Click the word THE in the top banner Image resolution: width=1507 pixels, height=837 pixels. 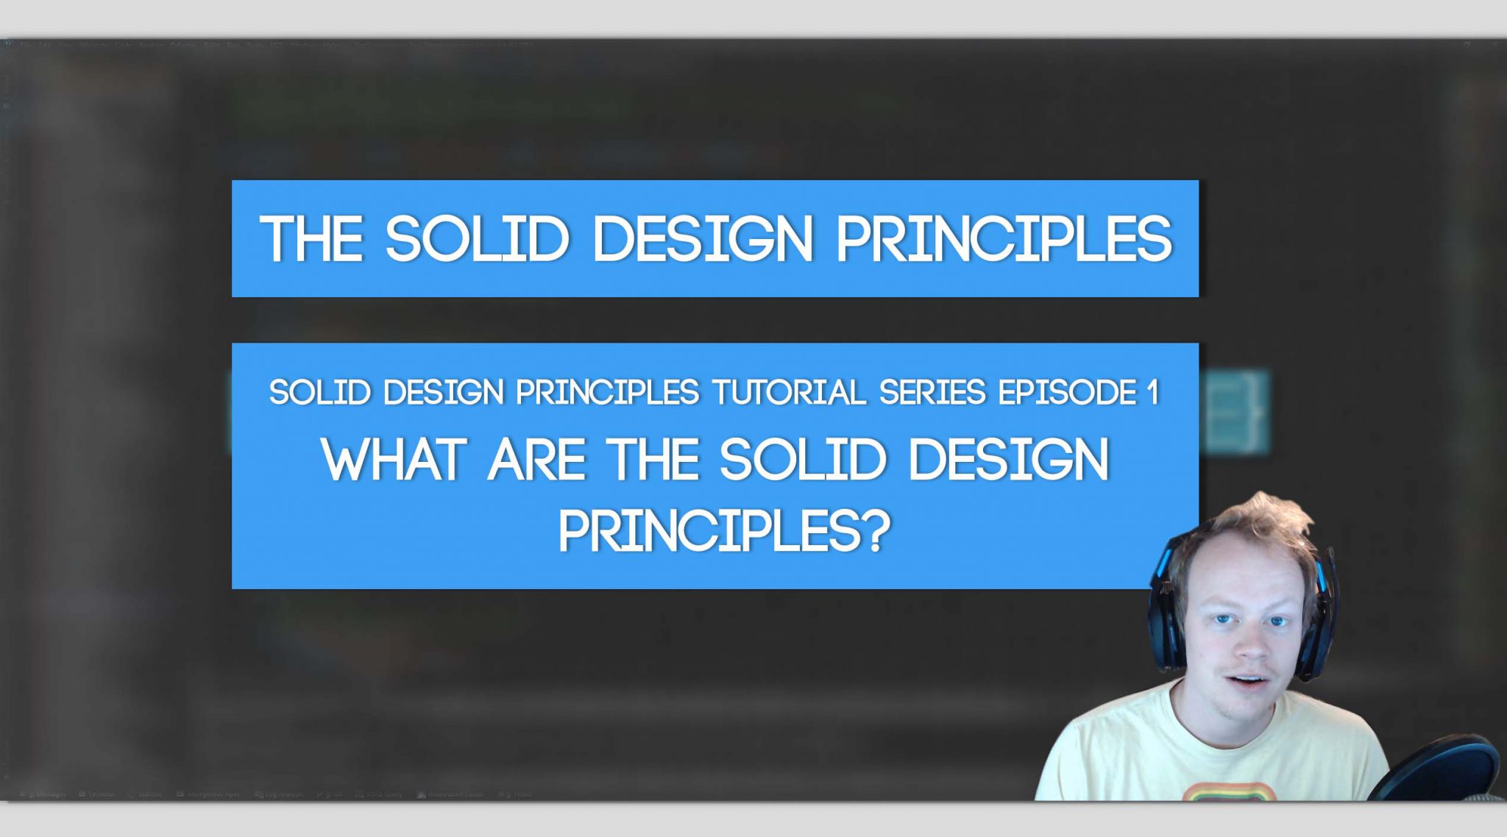[311, 239]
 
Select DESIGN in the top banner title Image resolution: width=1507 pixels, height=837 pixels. [703, 239]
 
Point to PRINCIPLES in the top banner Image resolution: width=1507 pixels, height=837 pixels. [1004, 239]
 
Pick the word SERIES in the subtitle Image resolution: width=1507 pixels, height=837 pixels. [932, 393]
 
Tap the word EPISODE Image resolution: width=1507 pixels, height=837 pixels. [1067, 393]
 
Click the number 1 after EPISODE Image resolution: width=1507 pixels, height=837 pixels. [1152, 393]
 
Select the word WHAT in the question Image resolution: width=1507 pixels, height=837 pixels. [394, 460]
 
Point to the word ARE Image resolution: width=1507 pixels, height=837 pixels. [536, 460]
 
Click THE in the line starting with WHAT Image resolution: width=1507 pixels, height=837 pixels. [653, 460]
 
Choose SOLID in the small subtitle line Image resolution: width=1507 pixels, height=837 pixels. [319, 393]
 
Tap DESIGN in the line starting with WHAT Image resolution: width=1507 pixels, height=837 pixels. [1008, 460]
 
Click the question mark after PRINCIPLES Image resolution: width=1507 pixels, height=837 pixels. [876, 531]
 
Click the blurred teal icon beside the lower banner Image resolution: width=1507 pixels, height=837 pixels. [1236, 412]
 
